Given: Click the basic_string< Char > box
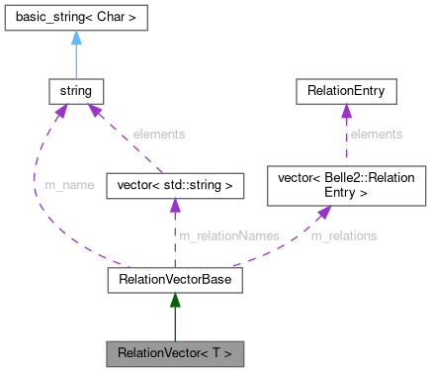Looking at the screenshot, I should (76, 18).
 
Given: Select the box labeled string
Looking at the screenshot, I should (76, 91).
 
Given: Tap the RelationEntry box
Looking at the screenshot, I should (346, 91).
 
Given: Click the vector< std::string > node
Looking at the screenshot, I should (175, 184).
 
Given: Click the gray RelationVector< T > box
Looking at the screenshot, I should (175, 352).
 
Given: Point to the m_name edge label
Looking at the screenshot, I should (70, 185).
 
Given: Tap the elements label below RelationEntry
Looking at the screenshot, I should (377, 134).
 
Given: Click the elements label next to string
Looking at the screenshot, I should (160, 134).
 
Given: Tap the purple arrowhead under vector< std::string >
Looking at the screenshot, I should (175, 205).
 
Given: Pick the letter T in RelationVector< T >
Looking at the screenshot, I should (217, 352).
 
